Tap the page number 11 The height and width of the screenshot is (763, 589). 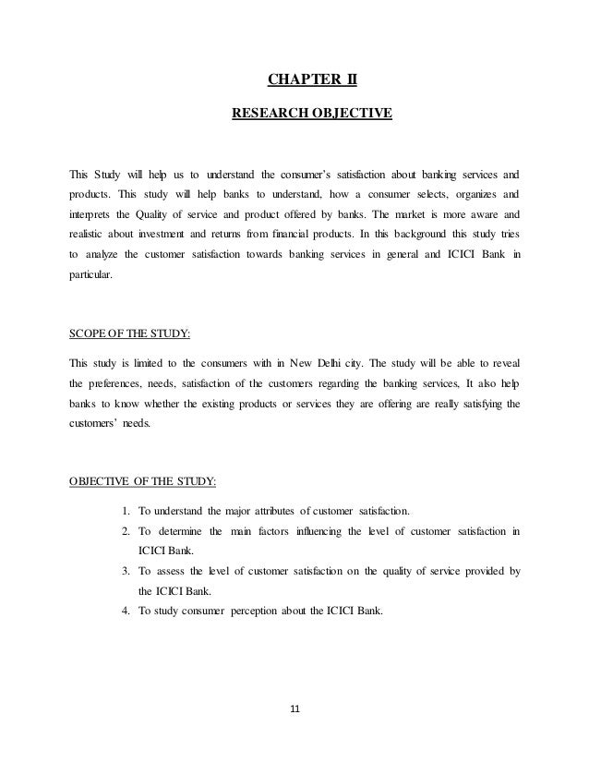[x=295, y=709]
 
